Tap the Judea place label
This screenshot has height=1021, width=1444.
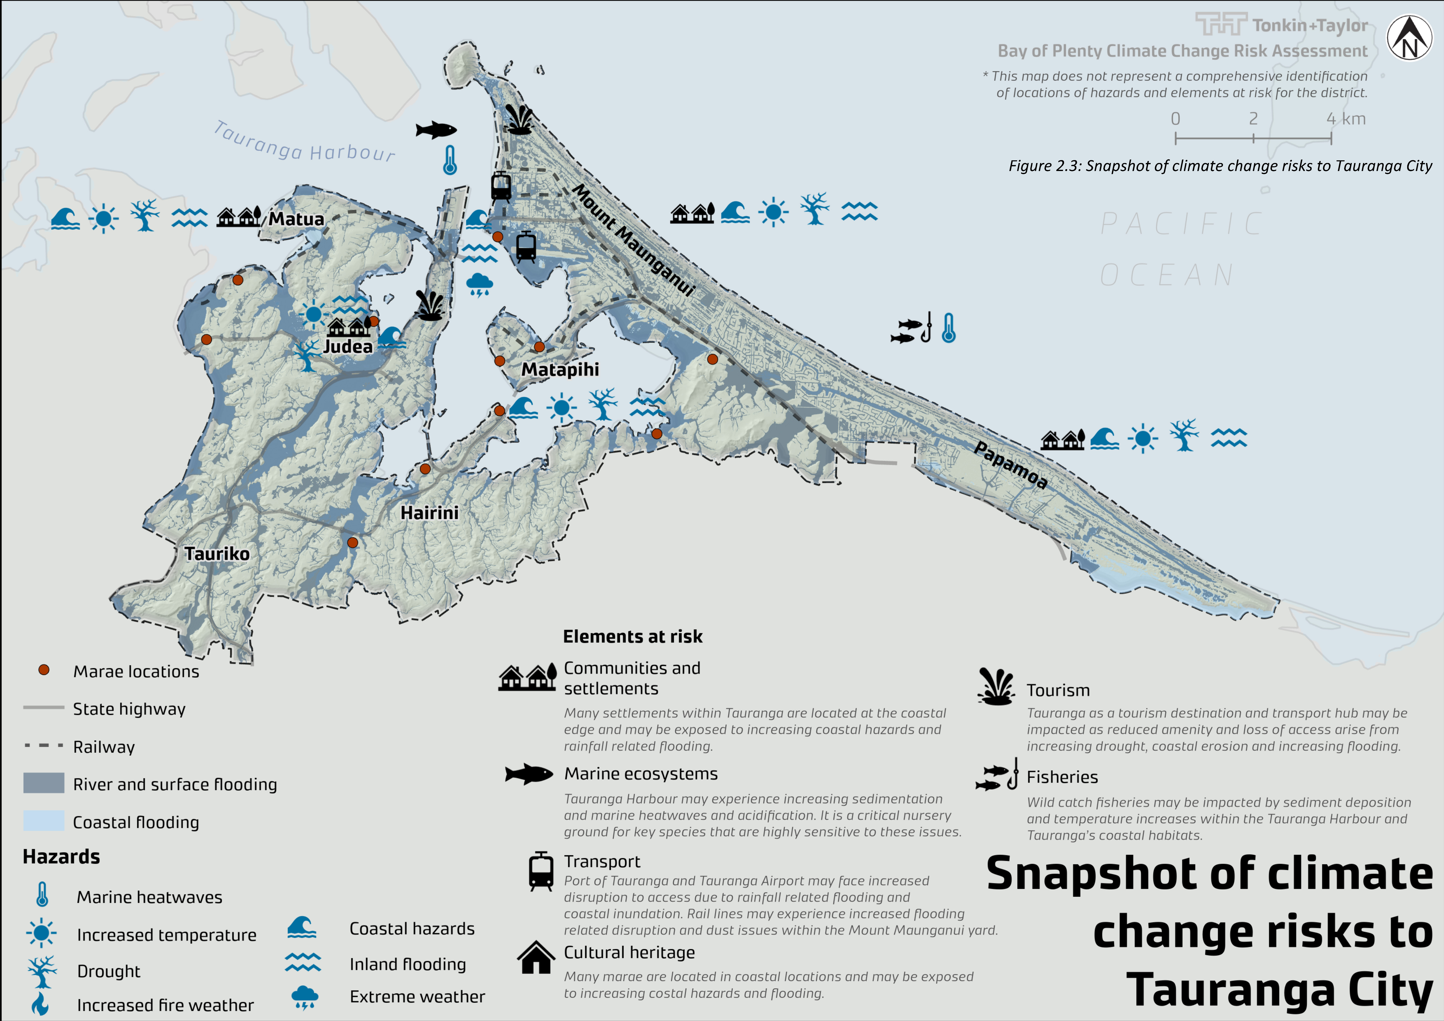(348, 347)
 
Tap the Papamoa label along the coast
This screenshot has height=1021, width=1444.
(1011, 465)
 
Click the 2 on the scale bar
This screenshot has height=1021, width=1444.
(1253, 119)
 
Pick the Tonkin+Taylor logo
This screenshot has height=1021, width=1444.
(1281, 25)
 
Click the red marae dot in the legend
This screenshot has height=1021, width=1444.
(43, 670)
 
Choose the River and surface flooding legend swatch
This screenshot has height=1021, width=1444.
(43, 783)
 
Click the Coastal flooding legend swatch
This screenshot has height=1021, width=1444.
(43, 821)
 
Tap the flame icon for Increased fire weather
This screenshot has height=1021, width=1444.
(40, 1004)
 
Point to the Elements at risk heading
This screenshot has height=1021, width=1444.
(632, 637)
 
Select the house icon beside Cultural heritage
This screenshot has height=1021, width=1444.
(536, 957)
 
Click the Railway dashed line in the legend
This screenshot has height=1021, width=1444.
(43, 745)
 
